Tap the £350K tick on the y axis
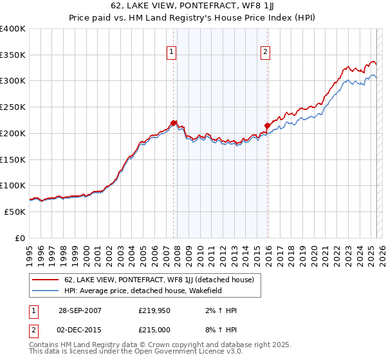[13, 55]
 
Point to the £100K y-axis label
[13, 185]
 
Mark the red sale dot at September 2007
[173, 123]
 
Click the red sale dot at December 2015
[266, 125]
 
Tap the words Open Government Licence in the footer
[183, 352]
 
